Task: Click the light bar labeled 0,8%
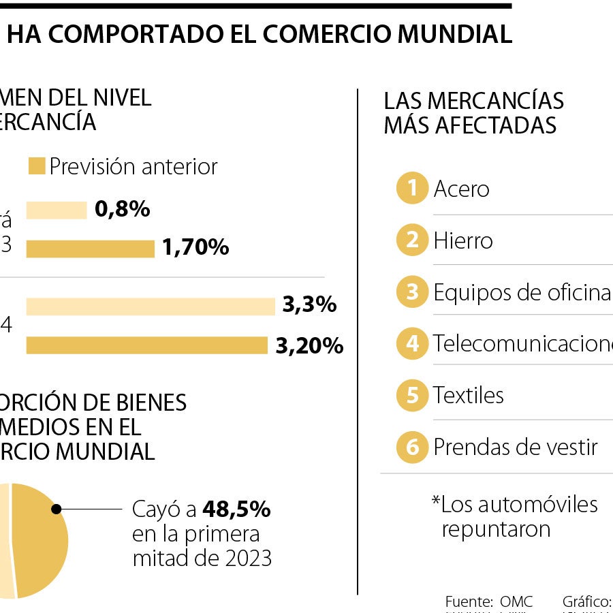pyautogui.click(x=57, y=210)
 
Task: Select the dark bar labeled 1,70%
pyautogui.click(x=90, y=249)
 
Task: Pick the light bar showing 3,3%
pyautogui.click(x=151, y=306)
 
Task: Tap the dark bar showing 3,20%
pyautogui.click(x=146, y=345)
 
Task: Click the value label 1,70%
pyautogui.click(x=195, y=248)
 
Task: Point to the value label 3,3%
pyautogui.click(x=309, y=304)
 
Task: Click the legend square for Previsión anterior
pyautogui.click(x=37, y=166)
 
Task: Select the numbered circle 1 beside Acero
pyautogui.click(x=411, y=188)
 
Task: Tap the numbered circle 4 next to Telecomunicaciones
pyautogui.click(x=411, y=343)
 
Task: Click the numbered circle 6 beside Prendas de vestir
pyautogui.click(x=411, y=447)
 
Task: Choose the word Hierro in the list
pyautogui.click(x=463, y=240)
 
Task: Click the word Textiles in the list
pyautogui.click(x=469, y=395)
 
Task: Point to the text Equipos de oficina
pyautogui.click(x=522, y=292)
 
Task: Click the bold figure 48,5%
pyautogui.click(x=236, y=509)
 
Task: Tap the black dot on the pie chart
pyautogui.click(x=57, y=508)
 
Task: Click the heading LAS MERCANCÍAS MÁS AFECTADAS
pyautogui.click(x=473, y=112)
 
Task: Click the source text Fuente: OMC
pyautogui.click(x=488, y=601)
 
